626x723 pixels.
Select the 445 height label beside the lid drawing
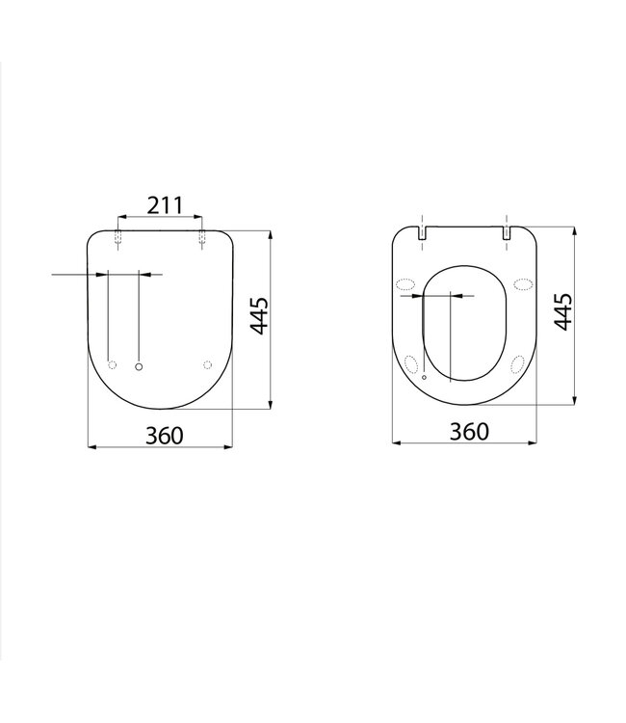coord(258,316)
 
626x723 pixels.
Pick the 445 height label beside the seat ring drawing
coord(564,312)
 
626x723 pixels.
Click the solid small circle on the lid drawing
coord(140,365)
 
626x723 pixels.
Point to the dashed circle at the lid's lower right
coord(208,364)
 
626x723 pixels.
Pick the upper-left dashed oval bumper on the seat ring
coord(405,283)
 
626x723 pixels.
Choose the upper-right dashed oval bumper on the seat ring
coord(524,283)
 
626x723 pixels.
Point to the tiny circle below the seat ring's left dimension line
coord(424,380)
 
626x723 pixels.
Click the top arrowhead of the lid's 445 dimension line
coord(270,234)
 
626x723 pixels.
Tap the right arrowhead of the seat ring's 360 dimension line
coord(538,443)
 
